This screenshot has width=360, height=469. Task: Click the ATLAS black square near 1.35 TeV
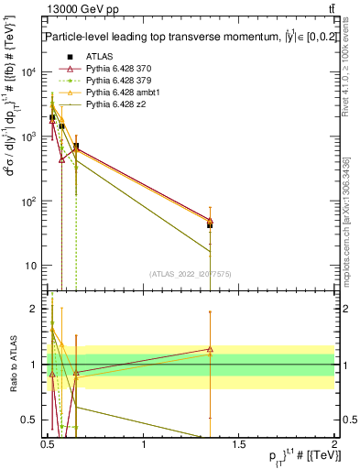pyautogui.click(x=210, y=224)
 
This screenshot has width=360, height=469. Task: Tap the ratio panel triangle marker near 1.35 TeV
pyautogui.click(x=210, y=349)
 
